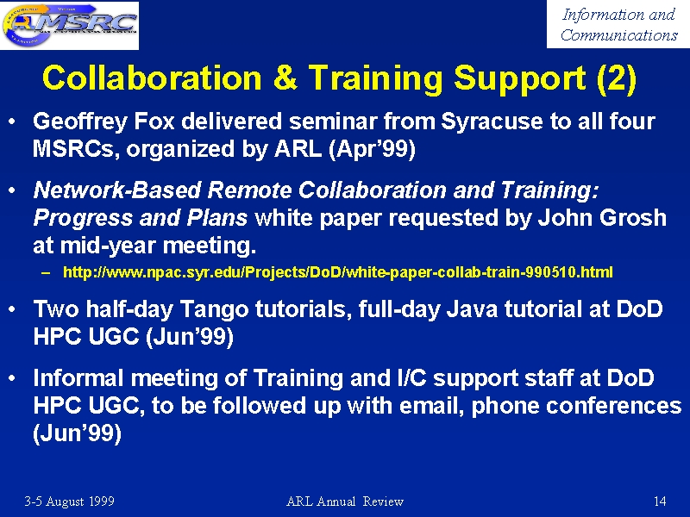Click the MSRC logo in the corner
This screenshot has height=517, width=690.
click(70, 25)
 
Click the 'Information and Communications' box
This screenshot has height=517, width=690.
click(618, 24)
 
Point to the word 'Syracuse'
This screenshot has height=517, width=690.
click(492, 122)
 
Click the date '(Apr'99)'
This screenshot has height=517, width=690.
click(372, 150)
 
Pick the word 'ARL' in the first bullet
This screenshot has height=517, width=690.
click(298, 149)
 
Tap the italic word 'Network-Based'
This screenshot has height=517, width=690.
click(117, 190)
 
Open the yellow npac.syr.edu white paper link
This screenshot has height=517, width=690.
click(338, 272)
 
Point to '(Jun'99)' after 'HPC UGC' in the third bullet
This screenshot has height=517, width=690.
click(189, 338)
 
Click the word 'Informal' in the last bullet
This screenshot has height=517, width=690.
click(78, 378)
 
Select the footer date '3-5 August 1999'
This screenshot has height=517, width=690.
click(69, 501)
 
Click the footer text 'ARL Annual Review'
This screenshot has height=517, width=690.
click(344, 501)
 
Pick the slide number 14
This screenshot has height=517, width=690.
click(660, 501)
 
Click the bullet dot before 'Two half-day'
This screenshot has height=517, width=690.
click(12, 309)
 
